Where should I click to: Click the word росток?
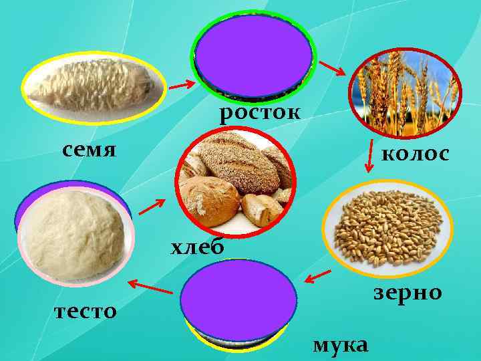259,114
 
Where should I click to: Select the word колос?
415,154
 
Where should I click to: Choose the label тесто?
86,311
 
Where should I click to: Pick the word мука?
340,345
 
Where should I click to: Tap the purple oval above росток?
253,56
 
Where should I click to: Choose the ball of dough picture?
75,231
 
